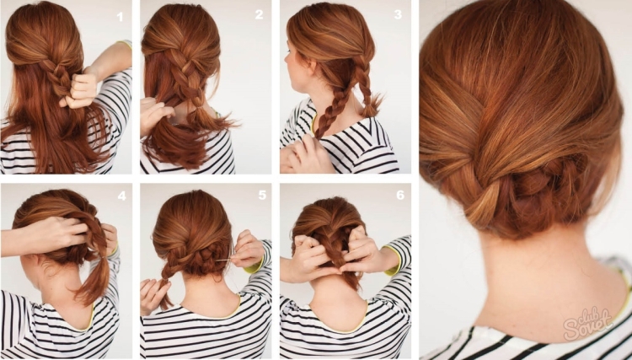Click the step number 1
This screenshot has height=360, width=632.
point(120,17)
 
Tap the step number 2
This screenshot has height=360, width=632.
point(260,15)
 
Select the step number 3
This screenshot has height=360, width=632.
point(399,14)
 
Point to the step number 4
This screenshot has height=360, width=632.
point(121,196)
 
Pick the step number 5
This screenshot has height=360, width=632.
point(262,195)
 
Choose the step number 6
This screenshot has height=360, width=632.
point(400,195)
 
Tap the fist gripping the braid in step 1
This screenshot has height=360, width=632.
point(80,90)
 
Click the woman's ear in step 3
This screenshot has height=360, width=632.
point(313,67)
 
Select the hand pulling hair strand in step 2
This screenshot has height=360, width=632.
point(155,115)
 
